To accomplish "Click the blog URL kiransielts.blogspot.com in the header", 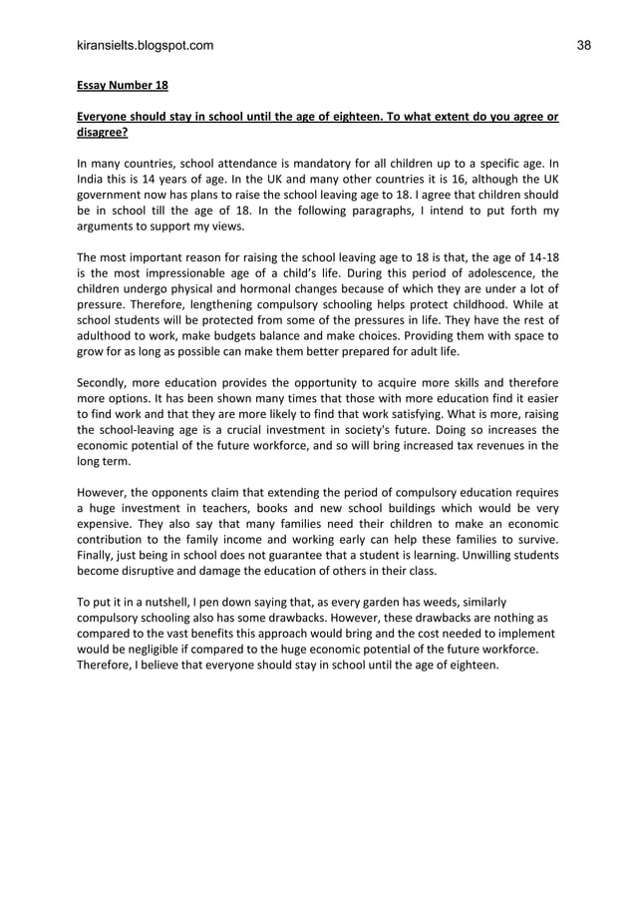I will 145,45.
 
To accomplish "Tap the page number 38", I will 583,45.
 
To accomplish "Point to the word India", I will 93,180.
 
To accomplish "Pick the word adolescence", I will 486,272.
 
